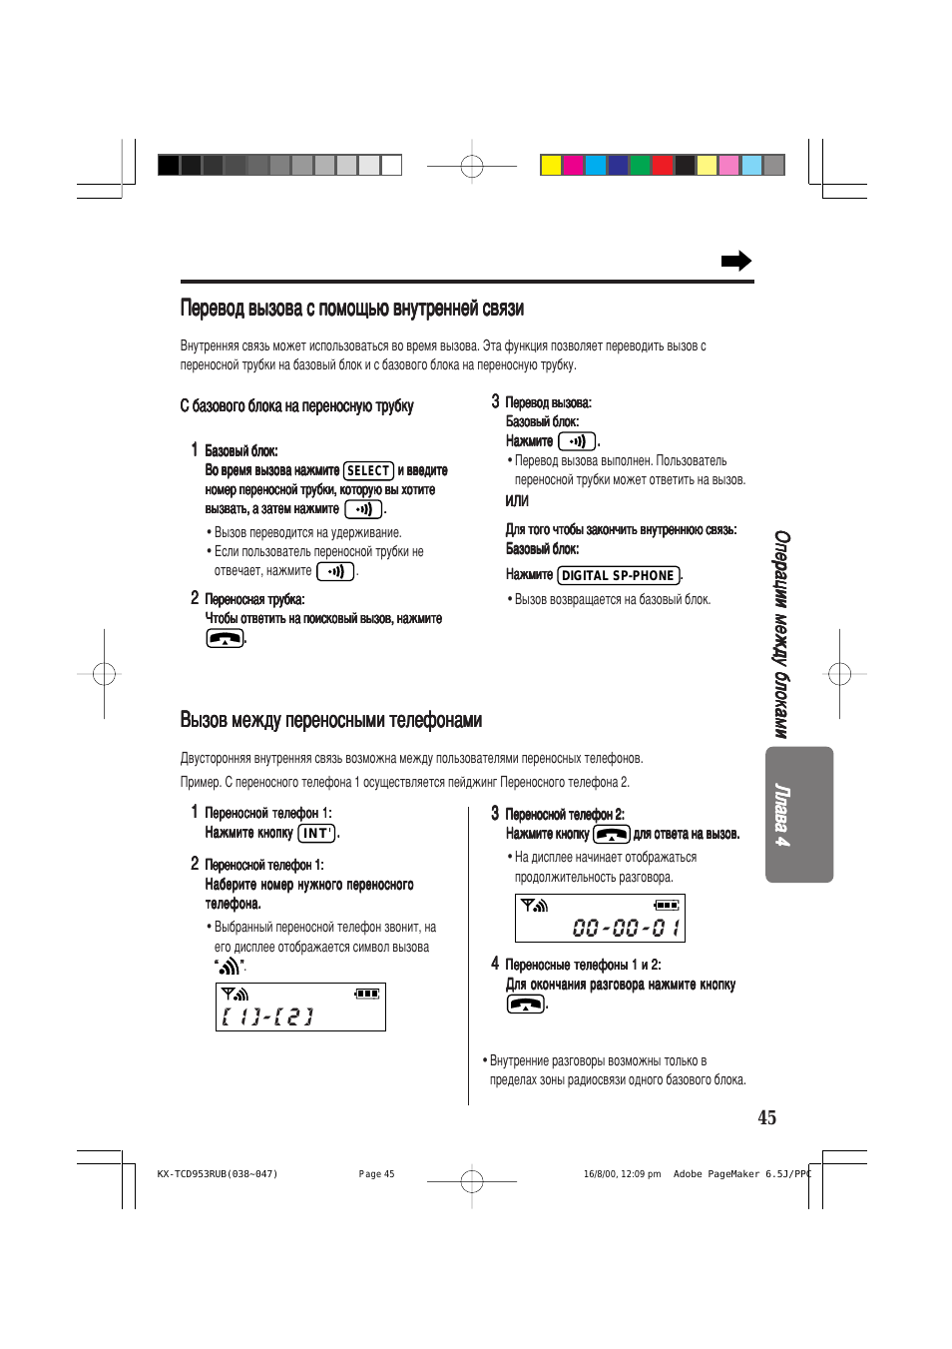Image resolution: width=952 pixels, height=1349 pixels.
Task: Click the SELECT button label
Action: click(368, 470)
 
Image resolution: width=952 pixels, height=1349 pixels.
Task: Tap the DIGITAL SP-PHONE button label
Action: click(618, 575)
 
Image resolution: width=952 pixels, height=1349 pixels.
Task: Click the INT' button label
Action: click(316, 833)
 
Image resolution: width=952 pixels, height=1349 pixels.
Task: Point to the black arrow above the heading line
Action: click(736, 261)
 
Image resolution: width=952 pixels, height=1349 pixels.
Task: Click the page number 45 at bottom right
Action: click(766, 1117)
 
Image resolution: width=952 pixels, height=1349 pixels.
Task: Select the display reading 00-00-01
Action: click(626, 928)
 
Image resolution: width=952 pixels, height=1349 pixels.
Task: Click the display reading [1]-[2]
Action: click(267, 1016)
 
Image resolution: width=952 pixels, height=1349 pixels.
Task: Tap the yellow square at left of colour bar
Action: click(551, 165)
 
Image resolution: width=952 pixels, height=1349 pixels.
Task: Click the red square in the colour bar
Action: click(662, 165)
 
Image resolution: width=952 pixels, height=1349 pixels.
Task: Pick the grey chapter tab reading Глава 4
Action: click(798, 815)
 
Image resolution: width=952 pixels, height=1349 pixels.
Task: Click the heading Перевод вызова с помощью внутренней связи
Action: click(352, 309)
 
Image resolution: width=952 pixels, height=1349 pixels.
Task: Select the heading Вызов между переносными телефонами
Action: click(331, 720)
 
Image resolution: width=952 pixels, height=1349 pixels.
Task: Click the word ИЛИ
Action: click(517, 500)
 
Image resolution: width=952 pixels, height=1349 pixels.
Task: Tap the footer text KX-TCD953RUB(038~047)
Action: click(218, 1174)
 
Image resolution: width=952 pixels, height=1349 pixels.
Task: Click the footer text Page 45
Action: click(376, 1174)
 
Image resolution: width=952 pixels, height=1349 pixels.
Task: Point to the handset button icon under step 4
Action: click(526, 1004)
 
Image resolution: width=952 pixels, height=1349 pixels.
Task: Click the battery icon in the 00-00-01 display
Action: click(667, 905)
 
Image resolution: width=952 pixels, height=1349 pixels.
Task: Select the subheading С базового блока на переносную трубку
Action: click(296, 405)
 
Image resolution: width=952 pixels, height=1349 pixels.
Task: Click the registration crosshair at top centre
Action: click(472, 166)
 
